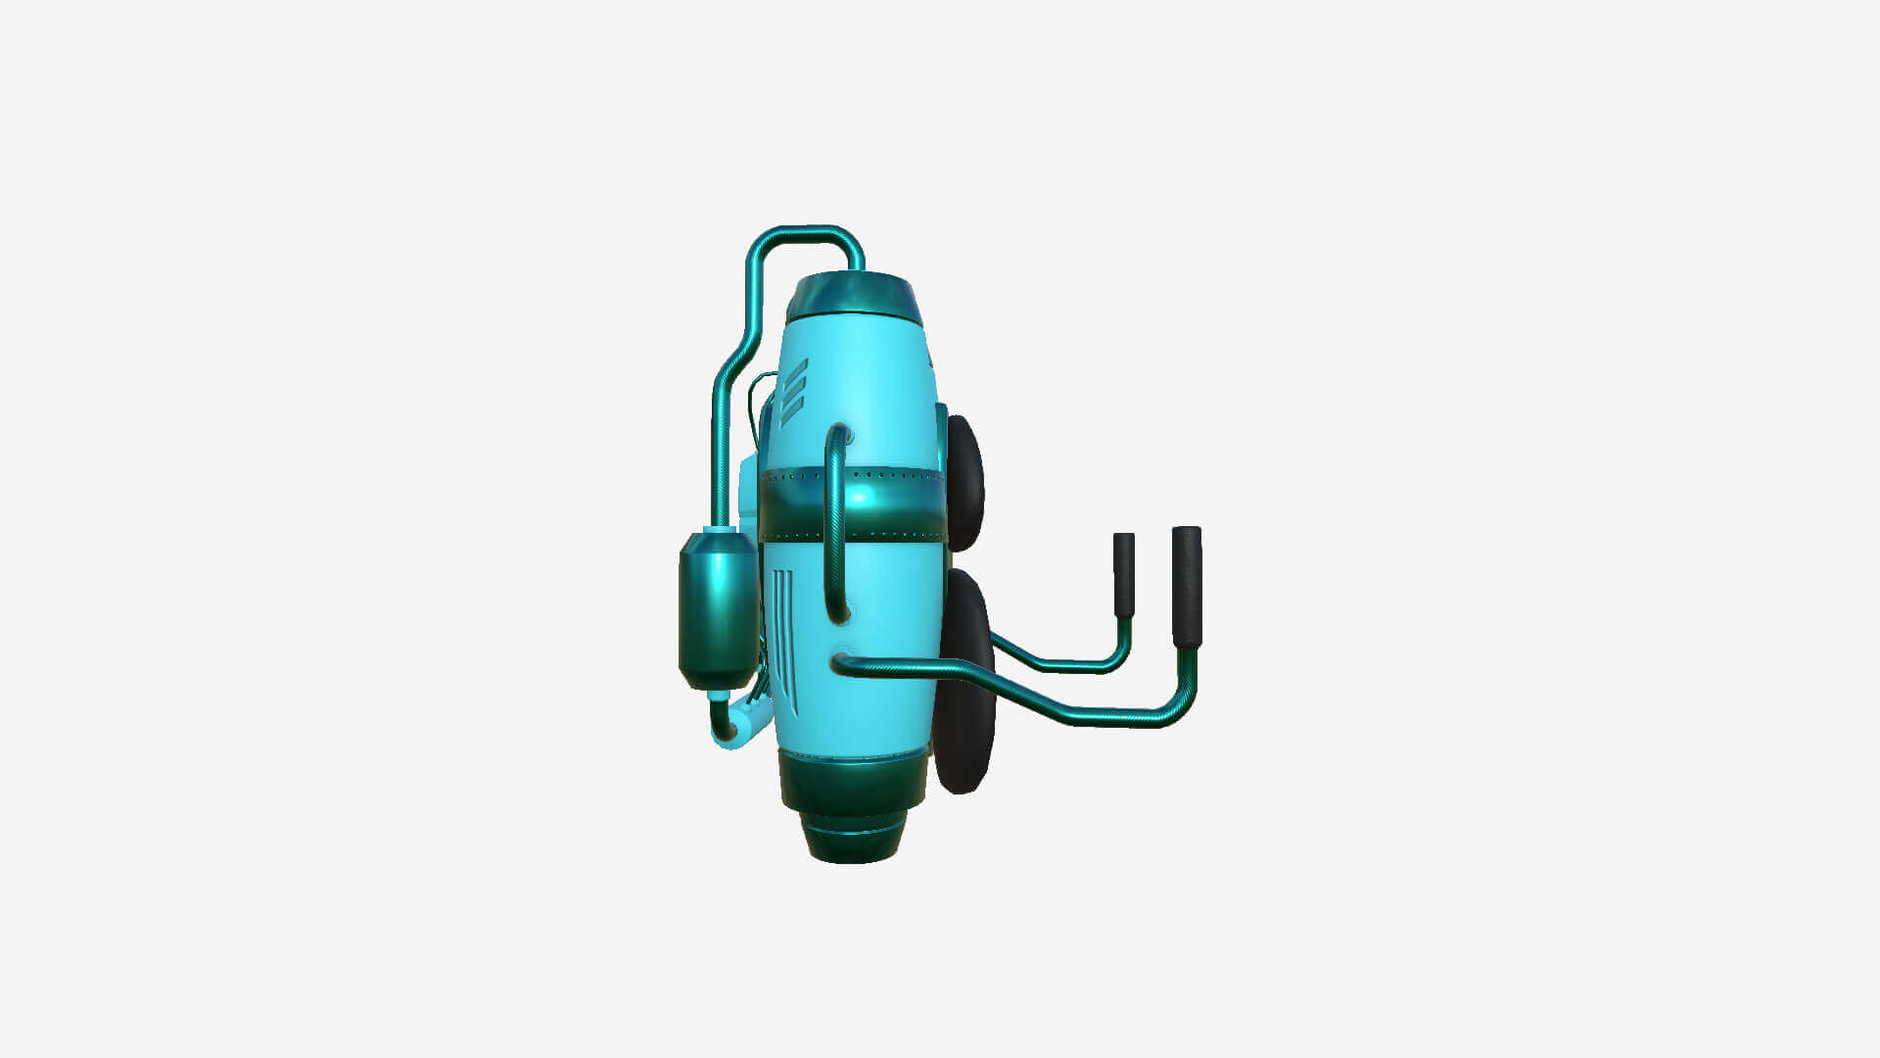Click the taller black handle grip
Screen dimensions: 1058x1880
click(1187, 586)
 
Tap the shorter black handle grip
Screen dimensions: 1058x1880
click(1124, 574)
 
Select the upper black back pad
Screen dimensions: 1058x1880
click(965, 482)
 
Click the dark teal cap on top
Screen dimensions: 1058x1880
click(854, 298)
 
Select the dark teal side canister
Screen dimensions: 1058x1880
click(718, 609)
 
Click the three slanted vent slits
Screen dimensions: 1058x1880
click(793, 392)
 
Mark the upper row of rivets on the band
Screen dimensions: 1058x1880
click(881, 474)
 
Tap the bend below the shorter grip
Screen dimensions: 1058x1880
click(1120, 656)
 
